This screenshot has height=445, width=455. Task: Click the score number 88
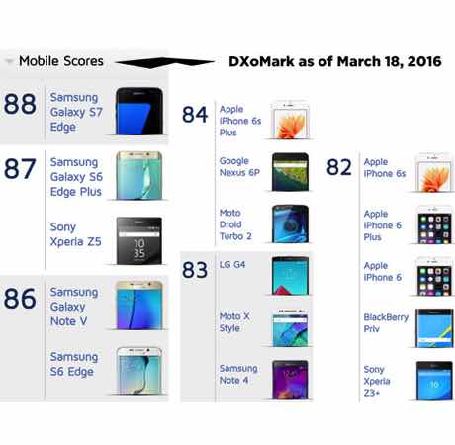tap(20, 104)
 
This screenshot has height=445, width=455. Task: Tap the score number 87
tap(20, 169)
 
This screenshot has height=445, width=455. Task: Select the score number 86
tap(20, 299)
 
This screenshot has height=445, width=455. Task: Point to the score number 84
tap(195, 115)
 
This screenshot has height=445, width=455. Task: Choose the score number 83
tap(195, 270)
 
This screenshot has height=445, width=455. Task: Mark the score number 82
tap(339, 167)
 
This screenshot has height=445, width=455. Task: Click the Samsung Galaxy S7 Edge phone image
tap(139, 111)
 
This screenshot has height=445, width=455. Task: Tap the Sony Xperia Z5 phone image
tap(139, 240)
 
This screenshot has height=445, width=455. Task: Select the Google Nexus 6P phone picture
tap(290, 172)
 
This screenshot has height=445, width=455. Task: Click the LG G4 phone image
tap(290, 276)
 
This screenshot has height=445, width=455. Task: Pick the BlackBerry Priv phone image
tap(434, 328)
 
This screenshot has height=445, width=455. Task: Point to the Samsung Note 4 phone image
tap(290, 380)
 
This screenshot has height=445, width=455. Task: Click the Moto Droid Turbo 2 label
tap(235, 224)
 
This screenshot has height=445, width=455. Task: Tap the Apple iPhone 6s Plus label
tap(240, 121)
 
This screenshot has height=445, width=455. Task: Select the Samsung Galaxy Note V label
tap(74, 307)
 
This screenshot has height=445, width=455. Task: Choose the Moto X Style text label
tap(234, 322)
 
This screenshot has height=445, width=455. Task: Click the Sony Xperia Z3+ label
tap(377, 381)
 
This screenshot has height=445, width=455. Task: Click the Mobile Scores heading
tap(61, 61)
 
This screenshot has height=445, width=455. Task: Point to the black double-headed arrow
tap(165, 62)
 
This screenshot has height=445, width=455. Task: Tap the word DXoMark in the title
tap(261, 61)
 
